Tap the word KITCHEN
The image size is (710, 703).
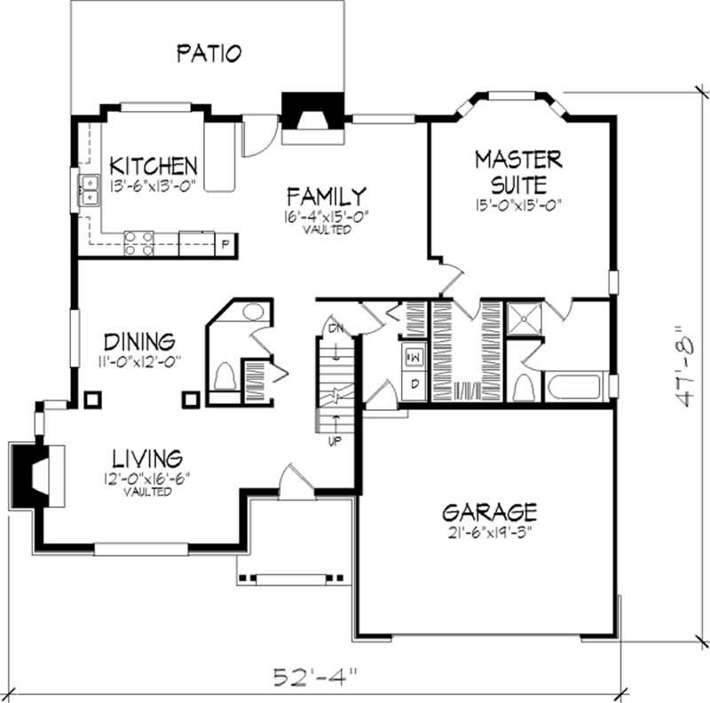[153, 166]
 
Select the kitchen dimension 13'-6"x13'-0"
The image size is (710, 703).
[153, 186]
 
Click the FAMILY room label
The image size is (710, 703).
[326, 195]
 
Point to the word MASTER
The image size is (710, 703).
[518, 160]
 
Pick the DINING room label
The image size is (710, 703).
[138, 342]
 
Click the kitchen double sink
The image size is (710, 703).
[89, 191]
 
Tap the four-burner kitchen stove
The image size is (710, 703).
[138, 243]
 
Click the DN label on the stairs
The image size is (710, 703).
[334, 328]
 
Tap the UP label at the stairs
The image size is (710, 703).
[336, 438]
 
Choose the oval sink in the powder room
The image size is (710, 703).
[253, 312]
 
